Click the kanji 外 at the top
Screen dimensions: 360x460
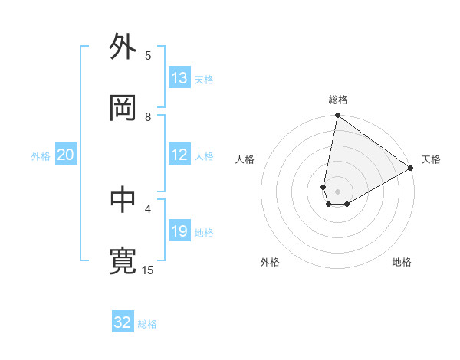(x=123, y=47)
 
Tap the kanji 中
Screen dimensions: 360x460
(x=123, y=200)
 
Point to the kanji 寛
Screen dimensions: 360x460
(x=123, y=261)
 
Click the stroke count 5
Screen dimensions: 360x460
(x=148, y=55)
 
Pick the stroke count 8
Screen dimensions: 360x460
(x=148, y=116)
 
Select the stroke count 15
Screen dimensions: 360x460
(x=148, y=270)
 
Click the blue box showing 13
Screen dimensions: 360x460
(x=179, y=78)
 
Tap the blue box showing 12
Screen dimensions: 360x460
(x=179, y=155)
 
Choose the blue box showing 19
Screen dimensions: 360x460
(x=179, y=231)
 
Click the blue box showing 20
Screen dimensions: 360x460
(x=66, y=155)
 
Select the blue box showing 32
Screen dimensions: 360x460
(x=123, y=322)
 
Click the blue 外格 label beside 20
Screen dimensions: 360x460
(x=41, y=156)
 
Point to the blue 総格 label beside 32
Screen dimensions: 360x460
(x=147, y=324)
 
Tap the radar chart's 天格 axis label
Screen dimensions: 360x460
(x=431, y=159)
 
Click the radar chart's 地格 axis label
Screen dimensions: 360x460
(x=402, y=262)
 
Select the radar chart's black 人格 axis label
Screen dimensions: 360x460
(x=245, y=159)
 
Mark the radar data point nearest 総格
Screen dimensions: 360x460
(x=337, y=116)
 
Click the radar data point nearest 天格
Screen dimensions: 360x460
(x=411, y=169)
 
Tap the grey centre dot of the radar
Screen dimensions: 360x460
(x=338, y=191)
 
